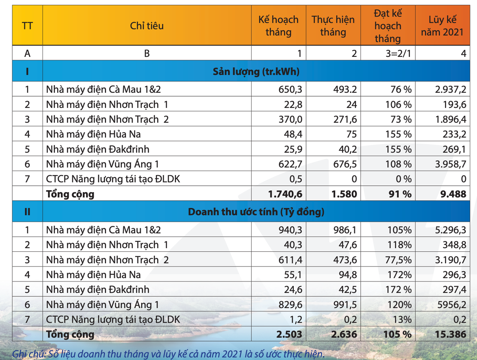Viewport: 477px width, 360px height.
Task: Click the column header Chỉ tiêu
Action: (x=147, y=26)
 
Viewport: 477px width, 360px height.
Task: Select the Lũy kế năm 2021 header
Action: (x=442, y=26)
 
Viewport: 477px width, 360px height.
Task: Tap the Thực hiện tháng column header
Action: (x=333, y=26)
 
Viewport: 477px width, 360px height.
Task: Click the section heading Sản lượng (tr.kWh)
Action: (x=256, y=72)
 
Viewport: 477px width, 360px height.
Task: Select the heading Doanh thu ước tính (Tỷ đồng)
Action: (x=256, y=212)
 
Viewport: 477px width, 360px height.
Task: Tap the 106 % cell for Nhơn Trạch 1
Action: (x=398, y=104)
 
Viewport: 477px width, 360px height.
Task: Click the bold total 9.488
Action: (x=452, y=194)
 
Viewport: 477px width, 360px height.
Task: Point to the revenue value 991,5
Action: (x=345, y=305)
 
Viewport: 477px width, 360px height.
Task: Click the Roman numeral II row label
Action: (x=27, y=212)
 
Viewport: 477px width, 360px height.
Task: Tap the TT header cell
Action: (x=27, y=26)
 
